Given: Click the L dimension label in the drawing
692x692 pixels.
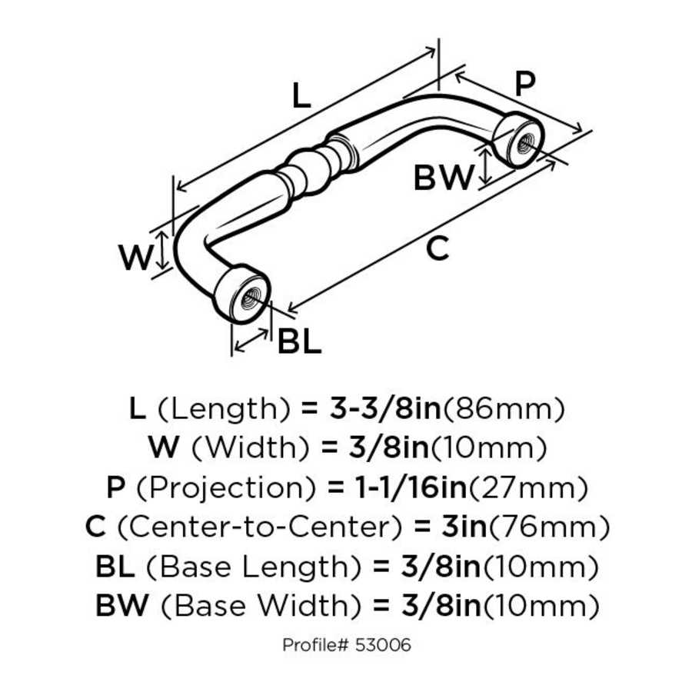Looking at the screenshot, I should (x=301, y=95).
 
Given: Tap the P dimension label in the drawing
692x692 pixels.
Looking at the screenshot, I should (x=524, y=84).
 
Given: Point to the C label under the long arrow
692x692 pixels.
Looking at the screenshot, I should (x=437, y=248).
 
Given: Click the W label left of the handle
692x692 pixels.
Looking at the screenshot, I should (x=137, y=258).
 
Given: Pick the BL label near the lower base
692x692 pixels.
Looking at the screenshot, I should (x=298, y=342).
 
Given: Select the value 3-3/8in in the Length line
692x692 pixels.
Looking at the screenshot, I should (x=383, y=408).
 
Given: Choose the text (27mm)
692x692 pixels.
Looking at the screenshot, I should (x=529, y=487).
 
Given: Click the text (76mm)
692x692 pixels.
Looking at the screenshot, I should (x=550, y=527).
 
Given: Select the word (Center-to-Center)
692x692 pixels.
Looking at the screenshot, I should (x=259, y=527).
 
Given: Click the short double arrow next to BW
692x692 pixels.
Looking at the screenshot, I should (x=485, y=168).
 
